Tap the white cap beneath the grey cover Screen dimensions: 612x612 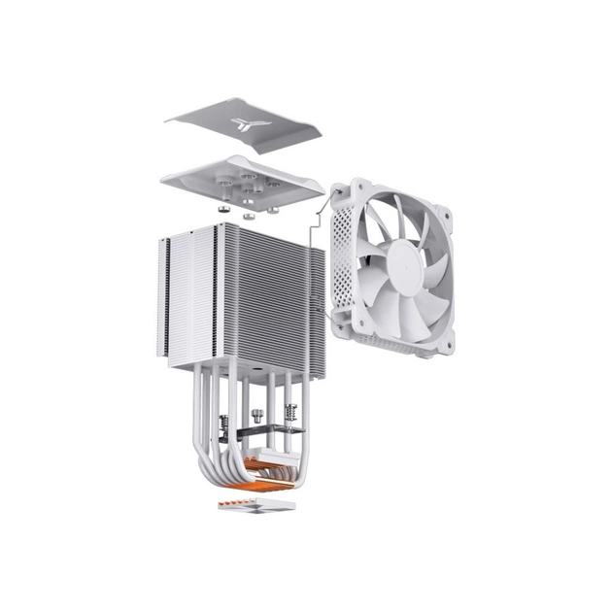tap(243, 180)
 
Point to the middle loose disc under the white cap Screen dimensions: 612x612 tap(249, 215)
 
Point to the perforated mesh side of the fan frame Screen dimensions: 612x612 tap(343, 253)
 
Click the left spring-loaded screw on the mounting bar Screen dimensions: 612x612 tap(226, 425)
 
